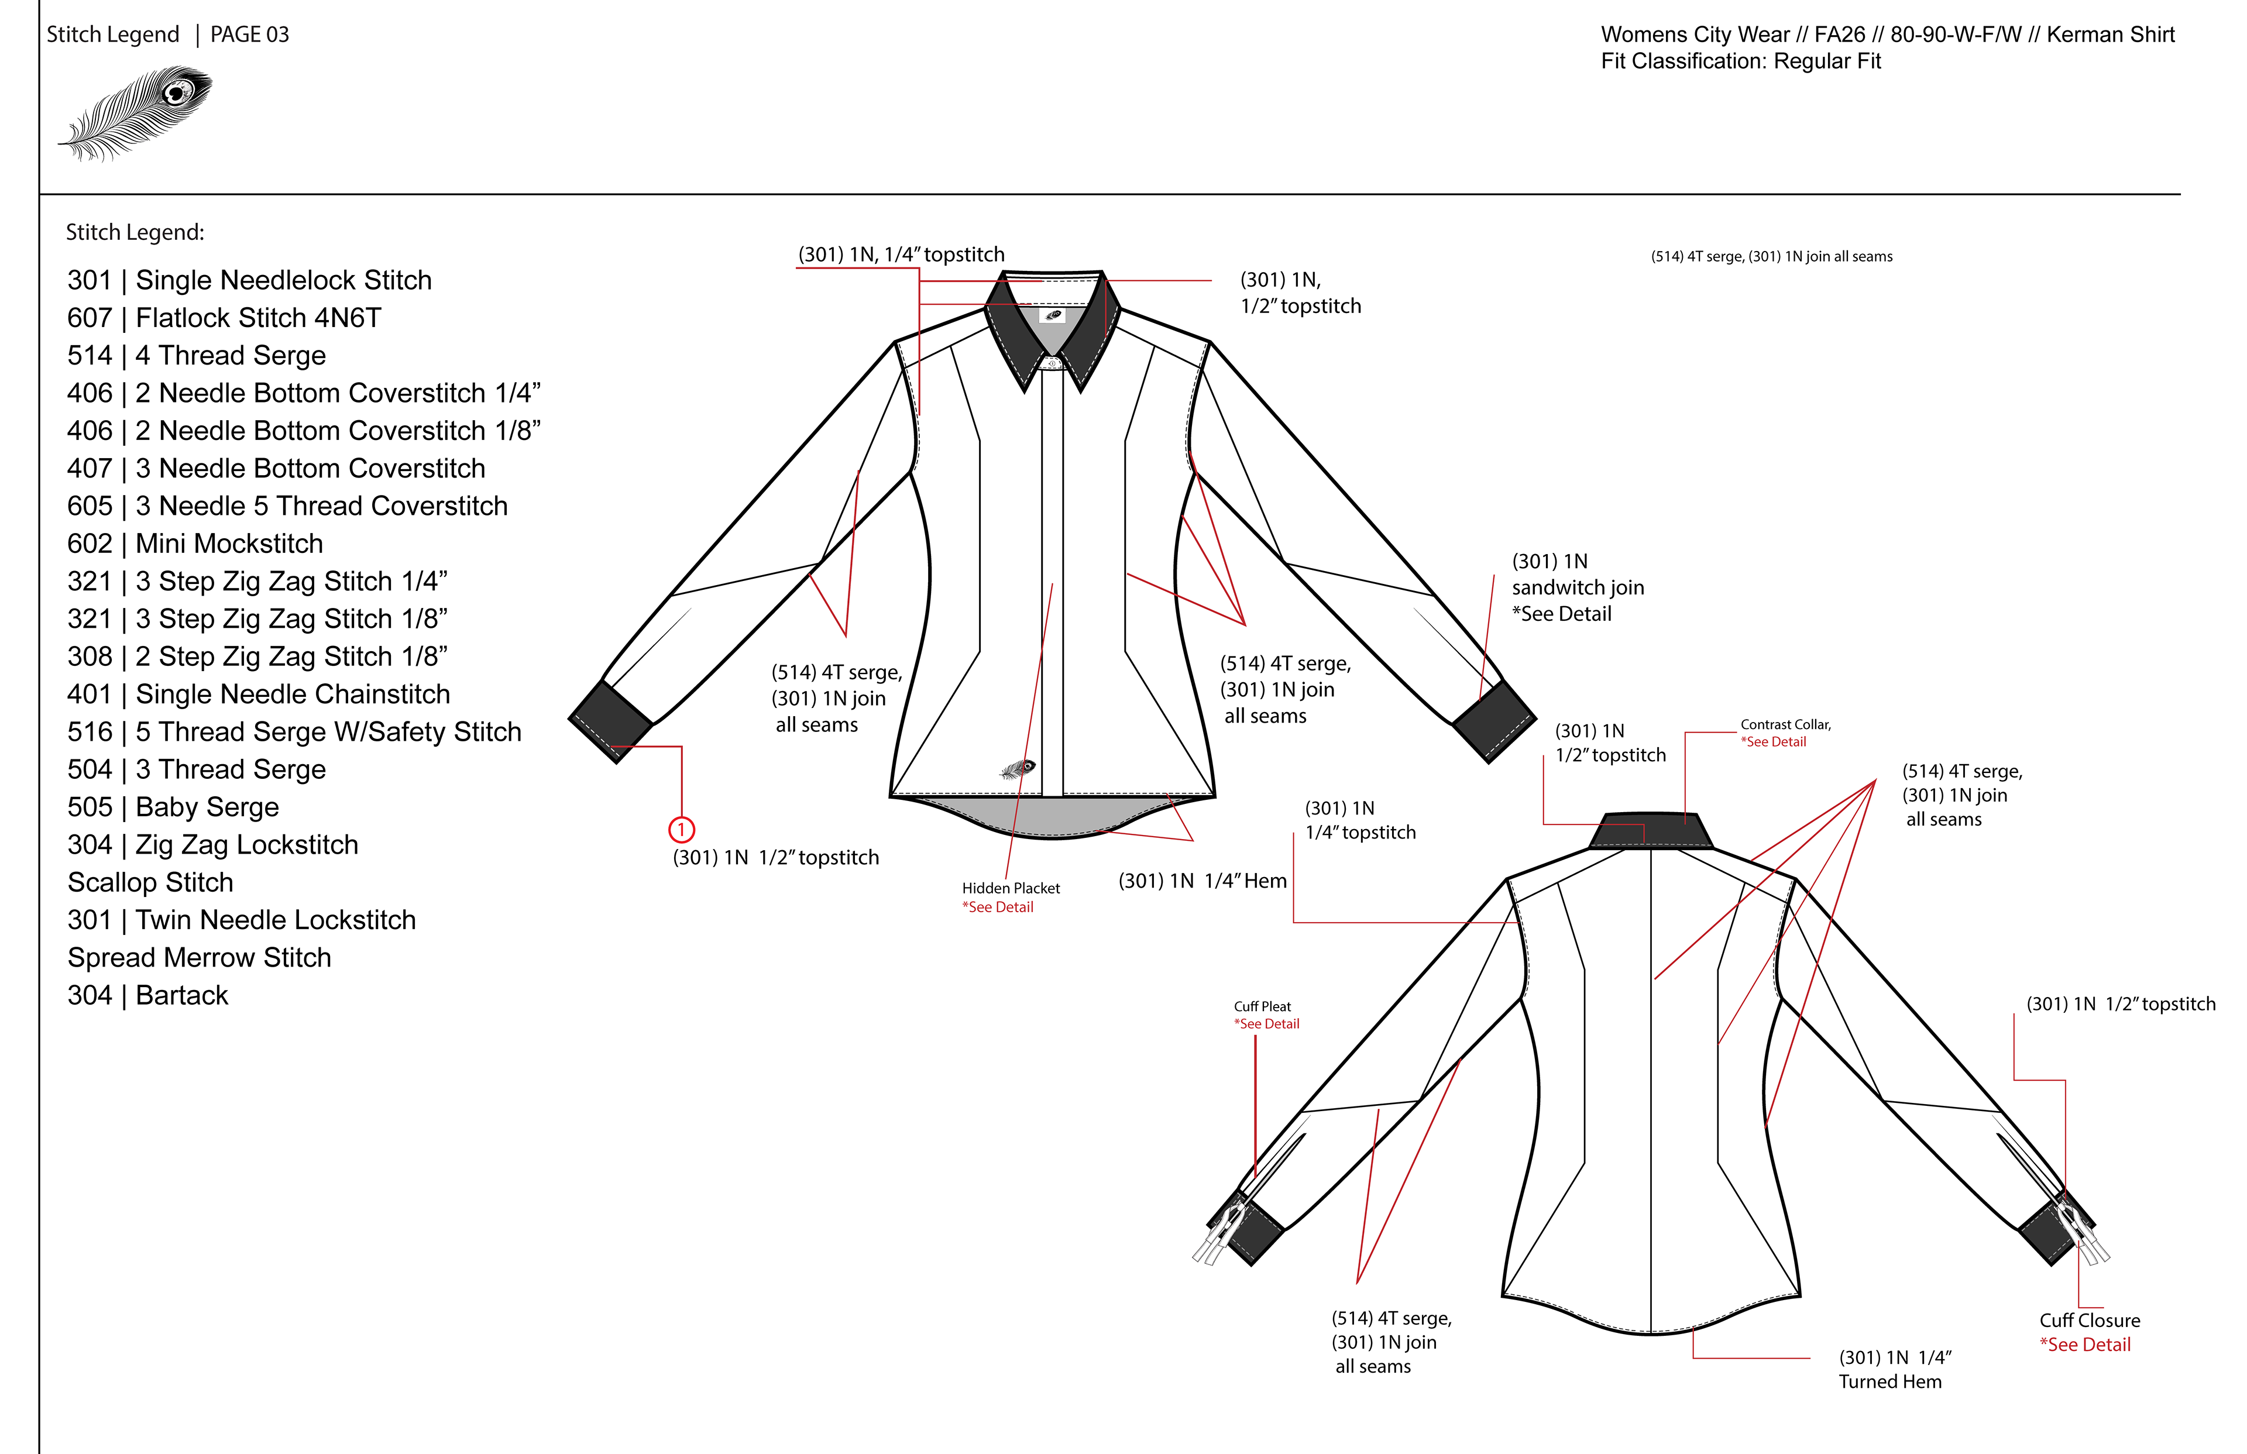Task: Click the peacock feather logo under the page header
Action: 137,111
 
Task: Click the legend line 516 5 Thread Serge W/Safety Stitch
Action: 294,732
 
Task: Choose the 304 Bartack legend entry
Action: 147,995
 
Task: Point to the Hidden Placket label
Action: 1010,888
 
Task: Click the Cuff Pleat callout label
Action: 1262,1006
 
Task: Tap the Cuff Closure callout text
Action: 2090,1321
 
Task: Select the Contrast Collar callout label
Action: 1785,725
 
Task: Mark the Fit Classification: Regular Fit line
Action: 1740,61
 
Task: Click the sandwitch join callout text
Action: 1578,587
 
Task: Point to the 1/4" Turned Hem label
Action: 1894,1370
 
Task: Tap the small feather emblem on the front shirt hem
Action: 1018,769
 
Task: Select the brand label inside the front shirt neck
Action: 1053,315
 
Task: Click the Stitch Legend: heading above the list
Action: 135,232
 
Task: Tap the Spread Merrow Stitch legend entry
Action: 199,957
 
